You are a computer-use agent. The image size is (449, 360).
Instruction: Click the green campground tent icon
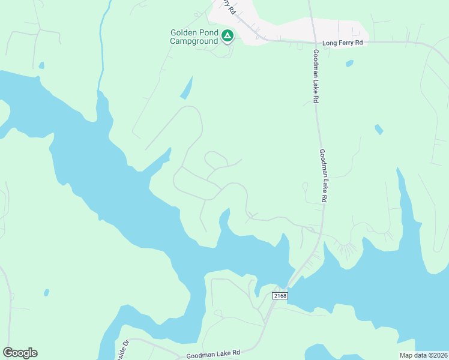click(228, 37)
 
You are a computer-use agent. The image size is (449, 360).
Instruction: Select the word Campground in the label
click(194, 41)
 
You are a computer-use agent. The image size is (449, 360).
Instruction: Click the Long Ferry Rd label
click(343, 43)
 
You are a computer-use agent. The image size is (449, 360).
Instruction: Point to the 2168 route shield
click(280, 296)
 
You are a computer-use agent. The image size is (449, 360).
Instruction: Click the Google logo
click(20, 353)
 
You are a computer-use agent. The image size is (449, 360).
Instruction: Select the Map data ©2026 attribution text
click(424, 355)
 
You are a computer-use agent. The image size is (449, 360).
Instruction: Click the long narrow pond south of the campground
click(187, 88)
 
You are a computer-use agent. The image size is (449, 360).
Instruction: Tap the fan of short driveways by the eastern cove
click(346, 247)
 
